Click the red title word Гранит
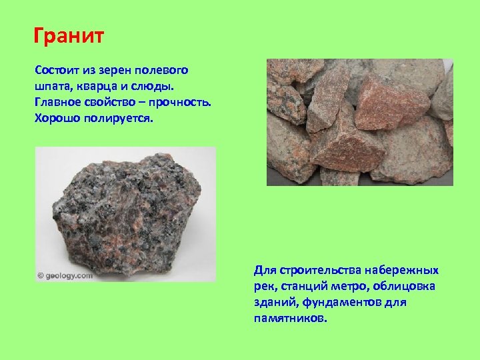(69, 34)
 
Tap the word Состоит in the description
(57, 70)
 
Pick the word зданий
(275, 303)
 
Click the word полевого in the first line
(163, 70)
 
